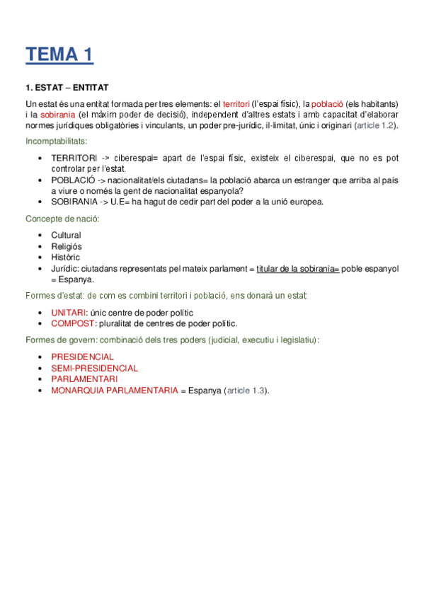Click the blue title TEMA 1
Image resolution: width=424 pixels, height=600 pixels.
click(x=59, y=54)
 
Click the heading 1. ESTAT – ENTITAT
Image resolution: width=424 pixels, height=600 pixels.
click(x=67, y=88)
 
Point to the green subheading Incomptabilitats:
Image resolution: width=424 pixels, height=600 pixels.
click(x=57, y=142)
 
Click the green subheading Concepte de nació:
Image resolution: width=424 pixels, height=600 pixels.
click(x=62, y=219)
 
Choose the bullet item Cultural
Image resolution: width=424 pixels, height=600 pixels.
click(x=66, y=235)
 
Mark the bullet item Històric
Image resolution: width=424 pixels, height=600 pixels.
click(x=66, y=258)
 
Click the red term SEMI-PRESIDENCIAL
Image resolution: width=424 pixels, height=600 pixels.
click(x=94, y=368)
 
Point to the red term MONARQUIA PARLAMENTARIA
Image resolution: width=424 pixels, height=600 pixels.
click(x=114, y=391)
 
